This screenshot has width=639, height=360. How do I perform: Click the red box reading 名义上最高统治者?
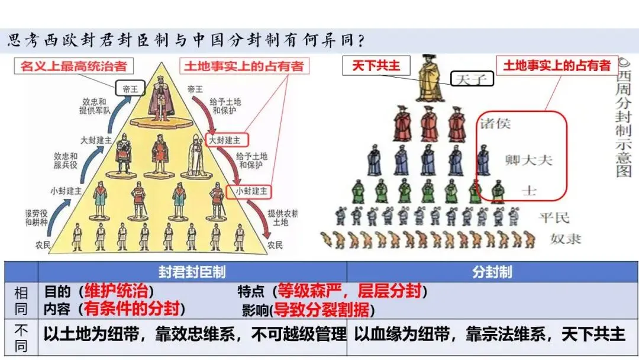[74, 65]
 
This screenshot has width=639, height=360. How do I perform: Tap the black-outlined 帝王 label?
[129, 89]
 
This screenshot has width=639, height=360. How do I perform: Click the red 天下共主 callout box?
[376, 65]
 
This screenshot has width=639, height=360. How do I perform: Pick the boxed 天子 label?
[472, 79]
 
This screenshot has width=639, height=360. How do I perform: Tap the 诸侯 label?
[495, 124]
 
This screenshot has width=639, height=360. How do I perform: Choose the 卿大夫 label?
[528, 159]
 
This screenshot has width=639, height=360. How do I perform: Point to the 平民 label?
[553, 217]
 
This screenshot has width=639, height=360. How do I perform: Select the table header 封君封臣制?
[192, 272]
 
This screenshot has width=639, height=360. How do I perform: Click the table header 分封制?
[492, 272]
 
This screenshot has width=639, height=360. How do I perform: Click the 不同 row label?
[21, 338]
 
